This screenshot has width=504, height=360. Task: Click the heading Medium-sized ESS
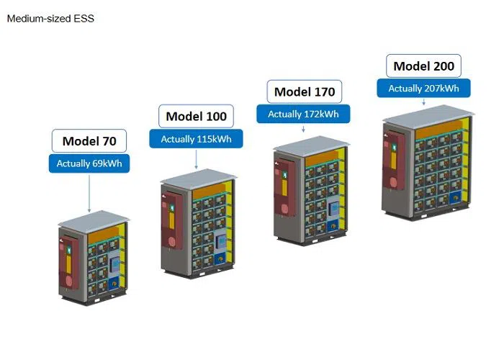click(50, 18)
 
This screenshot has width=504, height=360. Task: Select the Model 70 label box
click(89, 141)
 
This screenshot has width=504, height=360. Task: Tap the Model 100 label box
click(196, 116)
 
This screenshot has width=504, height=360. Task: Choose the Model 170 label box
click(305, 91)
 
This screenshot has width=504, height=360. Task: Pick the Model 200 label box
click(423, 66)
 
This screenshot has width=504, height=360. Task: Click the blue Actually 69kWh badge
click(89, 163)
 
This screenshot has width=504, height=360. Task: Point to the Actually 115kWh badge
click(196, 139)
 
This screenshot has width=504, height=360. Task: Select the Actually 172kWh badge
click(303, 114)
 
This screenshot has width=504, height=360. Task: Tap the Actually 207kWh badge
click(423, 88)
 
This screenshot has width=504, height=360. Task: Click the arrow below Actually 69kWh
click(89, 193)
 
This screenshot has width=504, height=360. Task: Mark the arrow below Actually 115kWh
click(196, 159)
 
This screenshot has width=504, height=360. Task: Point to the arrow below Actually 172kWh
click(303, 128)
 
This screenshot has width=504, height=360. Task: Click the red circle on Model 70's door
click(69, 280)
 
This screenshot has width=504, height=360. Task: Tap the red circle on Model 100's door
click(172, 241)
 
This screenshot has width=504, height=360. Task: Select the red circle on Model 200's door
click(393, 182)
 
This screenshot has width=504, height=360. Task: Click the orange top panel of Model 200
click(438, 129)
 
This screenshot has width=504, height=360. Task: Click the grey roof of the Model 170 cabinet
click(311, 146)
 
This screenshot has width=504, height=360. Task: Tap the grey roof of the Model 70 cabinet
click(94, 221)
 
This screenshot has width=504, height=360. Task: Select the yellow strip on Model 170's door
click(284, 188)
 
